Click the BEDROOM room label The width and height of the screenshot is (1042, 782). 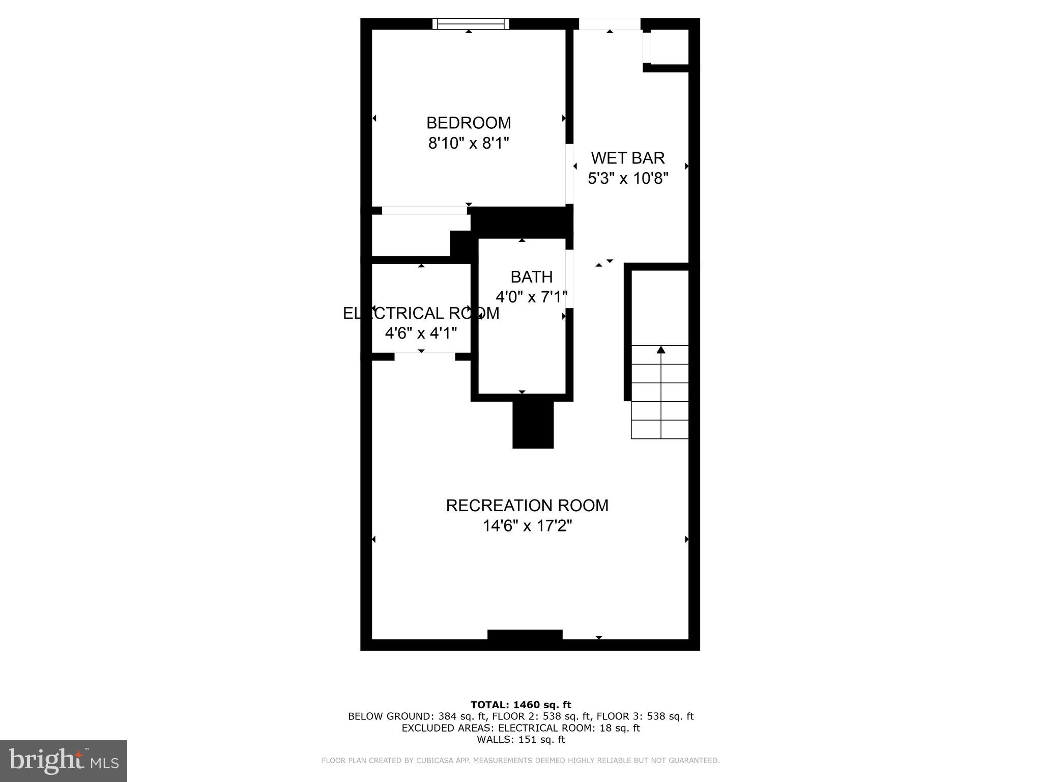click(469, 123)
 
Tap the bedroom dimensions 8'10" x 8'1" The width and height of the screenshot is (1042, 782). click(469, 144)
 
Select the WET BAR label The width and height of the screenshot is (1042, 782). click(628, 158)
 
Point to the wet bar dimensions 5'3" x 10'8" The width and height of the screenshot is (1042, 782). click(628, 179)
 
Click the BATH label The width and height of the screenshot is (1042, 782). click(531, 277)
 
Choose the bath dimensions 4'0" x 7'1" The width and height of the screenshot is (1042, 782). click(531, 297)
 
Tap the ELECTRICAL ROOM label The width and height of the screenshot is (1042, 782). click(421, 313)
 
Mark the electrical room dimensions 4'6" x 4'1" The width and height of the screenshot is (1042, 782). click(421, 333)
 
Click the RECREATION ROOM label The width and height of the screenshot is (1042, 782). click(527, 506)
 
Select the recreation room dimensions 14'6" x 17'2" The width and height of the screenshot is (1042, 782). click(527, 526)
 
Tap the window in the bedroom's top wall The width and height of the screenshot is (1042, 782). click(471, 24)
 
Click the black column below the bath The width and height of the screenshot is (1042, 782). click(533, 425)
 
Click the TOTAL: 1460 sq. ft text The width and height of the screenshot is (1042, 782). click(520, 705)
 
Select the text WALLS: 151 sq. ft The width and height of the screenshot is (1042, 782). click(520, 740)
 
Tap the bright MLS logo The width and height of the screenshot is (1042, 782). click(64, 761)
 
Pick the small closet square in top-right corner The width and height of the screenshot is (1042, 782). click(670, 47)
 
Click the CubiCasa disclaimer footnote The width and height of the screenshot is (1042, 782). click(520, 761)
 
